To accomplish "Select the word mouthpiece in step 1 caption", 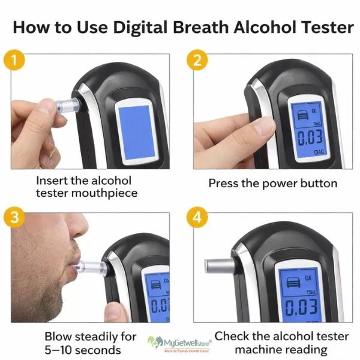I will [107, 193].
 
